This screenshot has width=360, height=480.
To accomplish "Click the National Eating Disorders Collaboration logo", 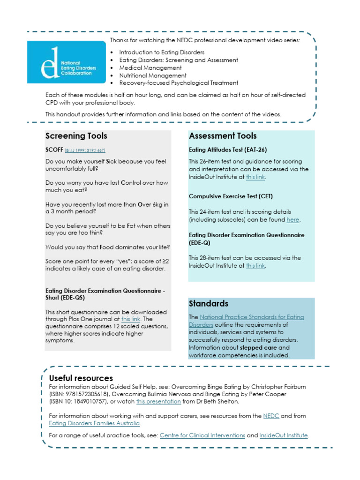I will coord(66,62).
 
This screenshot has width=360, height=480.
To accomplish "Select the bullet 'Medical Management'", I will coord(150,67).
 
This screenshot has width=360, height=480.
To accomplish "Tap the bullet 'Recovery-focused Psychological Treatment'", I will coord(179,82).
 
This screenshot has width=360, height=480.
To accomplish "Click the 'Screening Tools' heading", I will coord(76,136).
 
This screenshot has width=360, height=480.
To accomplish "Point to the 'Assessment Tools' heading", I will coord(223,136).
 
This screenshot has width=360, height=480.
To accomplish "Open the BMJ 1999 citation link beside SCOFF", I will coord(85,150).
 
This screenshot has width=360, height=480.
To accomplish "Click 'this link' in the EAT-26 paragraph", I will coord(255,177).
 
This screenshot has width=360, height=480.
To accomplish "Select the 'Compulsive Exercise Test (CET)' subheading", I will coord(231,196).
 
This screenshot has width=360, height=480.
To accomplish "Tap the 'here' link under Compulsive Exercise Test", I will coord(292,219).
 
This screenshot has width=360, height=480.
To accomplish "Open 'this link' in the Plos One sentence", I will coord(131,319).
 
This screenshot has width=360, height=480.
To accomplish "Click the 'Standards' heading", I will coord(209,303).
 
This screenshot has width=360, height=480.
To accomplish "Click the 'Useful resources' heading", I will coord(81,378).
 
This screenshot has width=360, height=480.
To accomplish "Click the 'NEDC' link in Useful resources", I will coord(271,416).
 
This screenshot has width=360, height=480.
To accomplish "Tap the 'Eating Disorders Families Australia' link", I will coord(94,423).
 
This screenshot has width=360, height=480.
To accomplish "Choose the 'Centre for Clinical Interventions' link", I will coord(202,435).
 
